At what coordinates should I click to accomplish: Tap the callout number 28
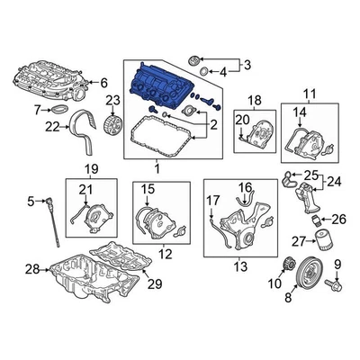click(x=32, y=269)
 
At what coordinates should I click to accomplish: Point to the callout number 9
click(x=338, y=264)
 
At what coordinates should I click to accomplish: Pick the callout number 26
click(x=338, y=218)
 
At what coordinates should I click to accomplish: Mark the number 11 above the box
click(x=309, y=94)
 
